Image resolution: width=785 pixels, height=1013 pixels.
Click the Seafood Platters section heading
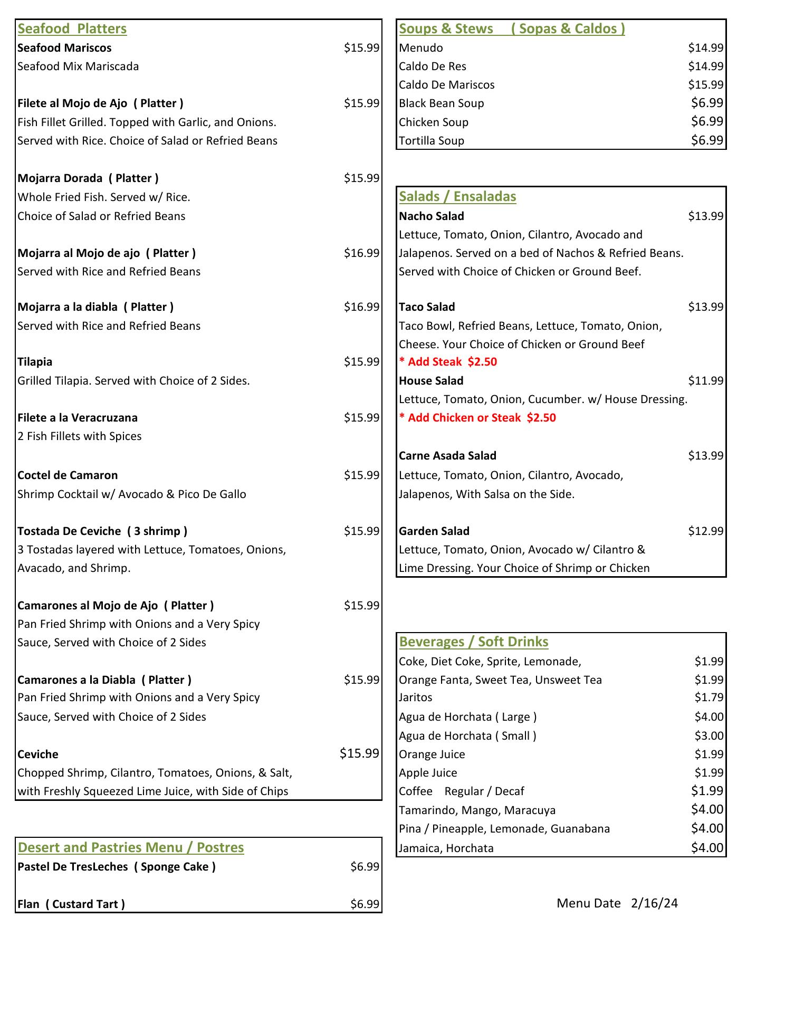[72, 28]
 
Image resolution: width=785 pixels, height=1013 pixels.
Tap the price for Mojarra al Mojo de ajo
[361, 253]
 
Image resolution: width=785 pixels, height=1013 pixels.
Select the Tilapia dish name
[35, 362]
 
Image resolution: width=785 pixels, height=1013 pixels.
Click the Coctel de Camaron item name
[68, 475]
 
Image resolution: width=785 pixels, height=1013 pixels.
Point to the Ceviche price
[359, 753]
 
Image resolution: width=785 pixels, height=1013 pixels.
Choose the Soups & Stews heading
[512, 28]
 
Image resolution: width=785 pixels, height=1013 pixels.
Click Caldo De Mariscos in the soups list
[446, 85]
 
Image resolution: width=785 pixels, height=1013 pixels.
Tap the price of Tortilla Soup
[707, 140]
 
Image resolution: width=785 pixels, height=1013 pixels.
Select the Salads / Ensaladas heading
[457, 196]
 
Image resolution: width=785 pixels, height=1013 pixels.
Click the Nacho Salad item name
[432, 216]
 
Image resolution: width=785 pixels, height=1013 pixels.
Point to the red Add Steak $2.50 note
[448, 362]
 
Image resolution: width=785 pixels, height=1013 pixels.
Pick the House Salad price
[705, 381]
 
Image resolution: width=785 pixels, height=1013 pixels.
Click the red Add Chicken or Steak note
[477, 418]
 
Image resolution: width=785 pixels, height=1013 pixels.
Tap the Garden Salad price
[705, 531]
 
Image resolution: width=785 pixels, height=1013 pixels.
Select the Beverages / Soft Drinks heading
[474, 642]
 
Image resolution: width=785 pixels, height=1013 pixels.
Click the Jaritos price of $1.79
[709, 697]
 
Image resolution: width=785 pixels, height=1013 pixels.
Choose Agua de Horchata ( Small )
[467, 736]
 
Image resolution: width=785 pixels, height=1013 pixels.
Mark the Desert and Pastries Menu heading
[131, 847]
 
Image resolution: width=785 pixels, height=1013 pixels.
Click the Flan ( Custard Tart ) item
[71, 904]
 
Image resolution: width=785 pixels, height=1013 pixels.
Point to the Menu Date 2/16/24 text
[617, 903]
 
